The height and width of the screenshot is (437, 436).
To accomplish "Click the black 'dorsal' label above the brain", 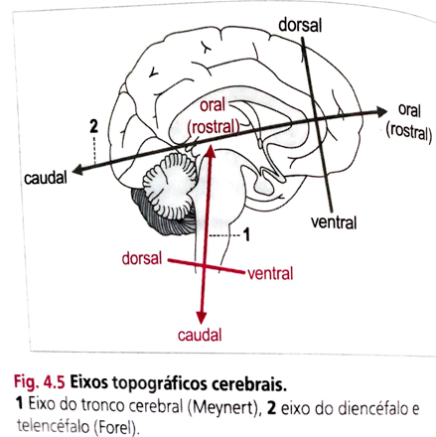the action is pos(300,25).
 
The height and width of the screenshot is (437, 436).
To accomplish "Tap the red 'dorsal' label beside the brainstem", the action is pos(142,258).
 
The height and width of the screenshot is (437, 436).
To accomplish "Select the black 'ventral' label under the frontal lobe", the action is pos(334,222).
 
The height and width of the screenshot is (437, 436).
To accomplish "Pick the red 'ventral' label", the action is pos(270,274).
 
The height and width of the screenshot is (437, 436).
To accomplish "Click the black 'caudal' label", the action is pos(46,178).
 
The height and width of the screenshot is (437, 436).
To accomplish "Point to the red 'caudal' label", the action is pos(200,335).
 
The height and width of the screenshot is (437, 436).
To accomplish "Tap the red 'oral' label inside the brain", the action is pos(213,105).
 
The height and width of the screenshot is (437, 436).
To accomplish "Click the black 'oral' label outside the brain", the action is pos(409,110).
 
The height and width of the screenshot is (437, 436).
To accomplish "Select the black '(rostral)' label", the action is pos(409,131).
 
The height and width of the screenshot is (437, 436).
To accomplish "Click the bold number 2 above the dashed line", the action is pos(94,126).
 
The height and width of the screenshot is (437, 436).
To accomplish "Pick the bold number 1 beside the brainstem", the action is pos(246,234).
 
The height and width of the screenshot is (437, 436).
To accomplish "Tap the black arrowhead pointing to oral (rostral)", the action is pos(381,112).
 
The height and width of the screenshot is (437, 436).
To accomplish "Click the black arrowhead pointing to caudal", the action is pos(78,170).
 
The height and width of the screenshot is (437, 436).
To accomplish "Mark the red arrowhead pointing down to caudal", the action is pos(201,318).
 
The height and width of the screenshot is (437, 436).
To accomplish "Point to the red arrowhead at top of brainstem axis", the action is pos(211,151).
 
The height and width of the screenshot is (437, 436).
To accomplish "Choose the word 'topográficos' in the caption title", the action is pos(158,384).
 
